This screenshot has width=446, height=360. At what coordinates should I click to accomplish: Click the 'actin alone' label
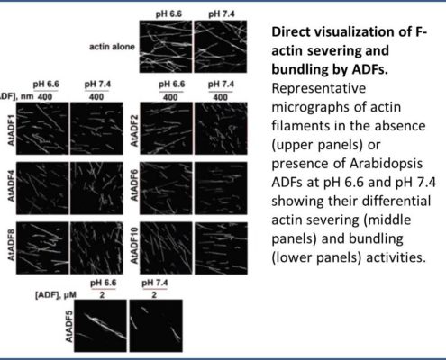[112, 47]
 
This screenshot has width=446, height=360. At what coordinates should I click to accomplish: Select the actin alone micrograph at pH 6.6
[166, 47]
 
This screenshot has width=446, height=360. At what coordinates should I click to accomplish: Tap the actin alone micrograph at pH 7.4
[221, 47]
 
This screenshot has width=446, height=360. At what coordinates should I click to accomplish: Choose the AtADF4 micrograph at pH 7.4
[96, 188]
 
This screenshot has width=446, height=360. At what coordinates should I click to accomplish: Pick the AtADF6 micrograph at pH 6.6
[166, 188]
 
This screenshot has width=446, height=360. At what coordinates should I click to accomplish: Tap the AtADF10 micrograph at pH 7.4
[221, 248]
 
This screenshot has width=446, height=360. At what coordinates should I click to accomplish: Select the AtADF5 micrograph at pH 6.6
[100, 326]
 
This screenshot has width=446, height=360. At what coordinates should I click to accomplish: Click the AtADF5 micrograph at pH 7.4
[156, 326]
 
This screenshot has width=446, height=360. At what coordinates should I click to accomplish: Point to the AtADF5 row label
[68, 326]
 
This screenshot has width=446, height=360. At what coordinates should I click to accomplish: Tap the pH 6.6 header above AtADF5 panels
[103, 283]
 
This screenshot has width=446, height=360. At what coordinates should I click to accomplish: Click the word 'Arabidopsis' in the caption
[386, 164]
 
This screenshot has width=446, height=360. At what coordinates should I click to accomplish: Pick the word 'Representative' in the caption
[319, 89]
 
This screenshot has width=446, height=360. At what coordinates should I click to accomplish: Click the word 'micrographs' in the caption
[310, 108]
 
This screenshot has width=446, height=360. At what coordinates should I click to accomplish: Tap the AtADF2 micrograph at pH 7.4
[221, 129]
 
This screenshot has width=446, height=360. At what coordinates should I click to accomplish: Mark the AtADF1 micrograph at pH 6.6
[42, 129]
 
